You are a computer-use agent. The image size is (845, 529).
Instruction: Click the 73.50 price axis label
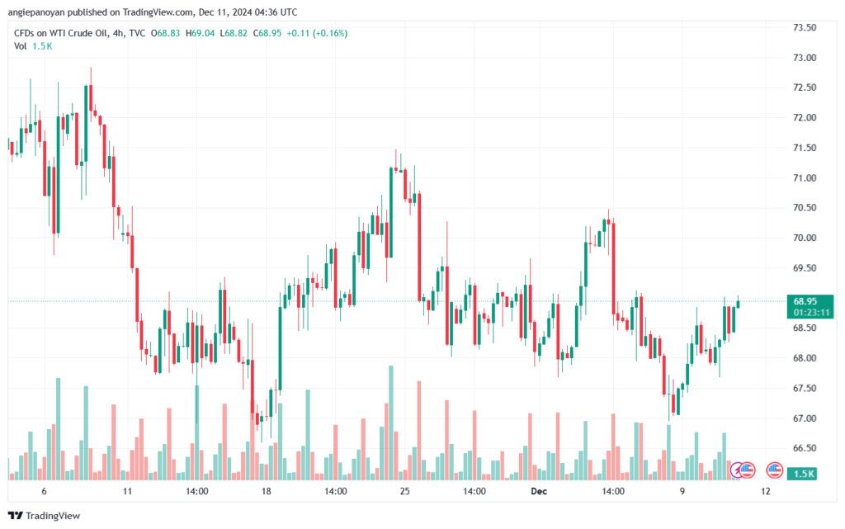point(805,27)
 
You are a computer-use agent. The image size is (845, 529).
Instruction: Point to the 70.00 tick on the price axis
point(805,238)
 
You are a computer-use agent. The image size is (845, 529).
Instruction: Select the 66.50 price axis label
point(805,447)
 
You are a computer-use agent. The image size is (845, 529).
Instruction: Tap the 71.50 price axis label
point(805,148)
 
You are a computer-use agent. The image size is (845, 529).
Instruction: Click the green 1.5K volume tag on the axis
point(802,474)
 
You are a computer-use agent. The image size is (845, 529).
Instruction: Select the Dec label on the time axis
point(538,491)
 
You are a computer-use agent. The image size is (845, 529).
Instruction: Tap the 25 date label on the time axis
point(404,491)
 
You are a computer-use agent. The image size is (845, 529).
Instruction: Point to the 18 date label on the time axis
point(267,491)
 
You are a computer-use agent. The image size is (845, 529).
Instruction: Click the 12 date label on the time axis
point(766,491)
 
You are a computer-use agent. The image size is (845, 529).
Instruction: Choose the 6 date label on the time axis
point(45,491)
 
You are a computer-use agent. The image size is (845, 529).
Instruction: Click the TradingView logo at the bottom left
point(45,516)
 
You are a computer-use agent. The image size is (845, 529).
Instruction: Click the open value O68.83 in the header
point(165,33)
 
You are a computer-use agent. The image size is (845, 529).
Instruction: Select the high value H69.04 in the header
point(200,33)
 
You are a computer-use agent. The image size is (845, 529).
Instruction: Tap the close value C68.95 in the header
point(267,33)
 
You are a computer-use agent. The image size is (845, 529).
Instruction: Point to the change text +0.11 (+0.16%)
point(317,33)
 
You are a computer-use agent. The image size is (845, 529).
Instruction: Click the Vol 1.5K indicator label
point(33,46)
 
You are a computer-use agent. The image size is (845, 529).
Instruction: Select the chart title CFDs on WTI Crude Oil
point(61,33)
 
